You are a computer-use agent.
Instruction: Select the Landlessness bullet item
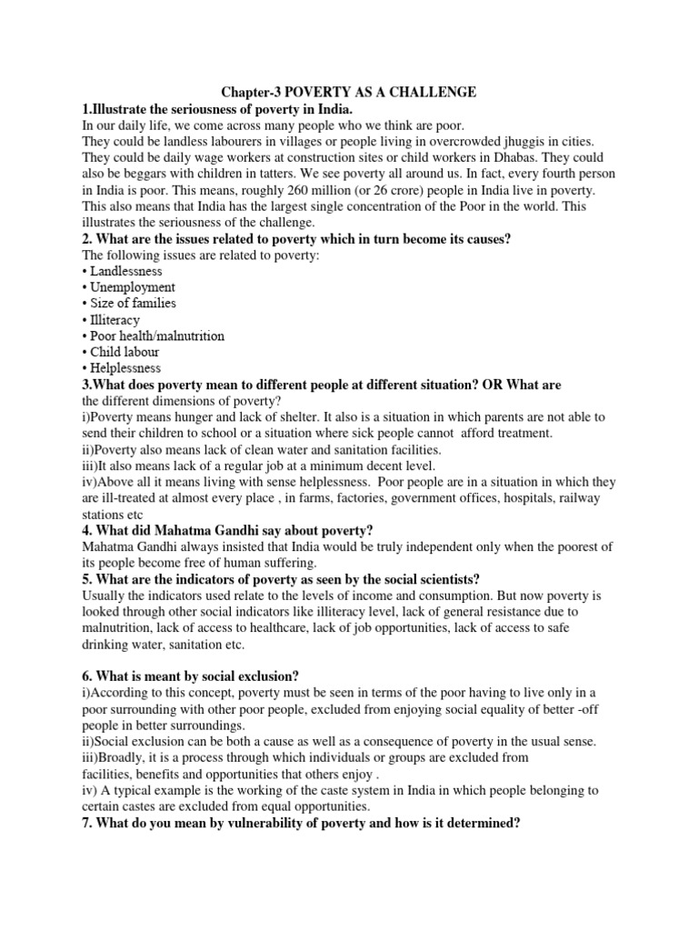coord(126,271)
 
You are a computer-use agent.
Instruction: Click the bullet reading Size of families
coord(133,304)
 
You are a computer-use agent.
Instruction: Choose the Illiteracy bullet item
coord(115,320)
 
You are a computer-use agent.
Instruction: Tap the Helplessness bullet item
coord(125,369)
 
